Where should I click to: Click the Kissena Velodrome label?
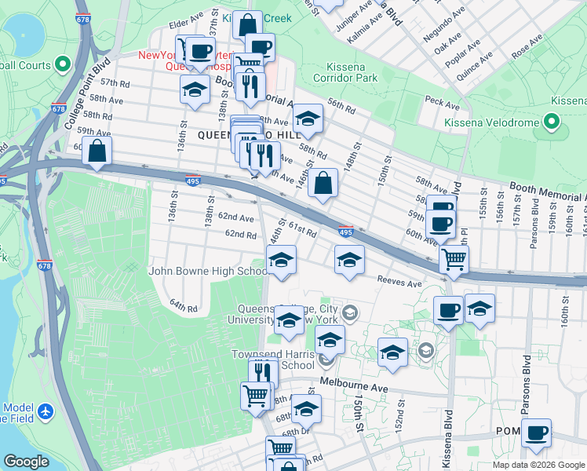(x=491, y=122)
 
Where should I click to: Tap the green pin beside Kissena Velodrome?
(x=551, y=122)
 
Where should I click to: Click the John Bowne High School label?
(x=208, y=272)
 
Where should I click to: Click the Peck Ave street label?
(x=441, y=103)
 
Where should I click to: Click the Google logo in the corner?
(x=26, y=462)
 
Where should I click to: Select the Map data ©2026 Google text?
(x=539, y=465)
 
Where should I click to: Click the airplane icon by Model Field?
(x=45, y=411)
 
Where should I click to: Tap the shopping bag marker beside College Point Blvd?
(x=97, y=152)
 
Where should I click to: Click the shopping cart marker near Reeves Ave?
(x=453, y=258)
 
